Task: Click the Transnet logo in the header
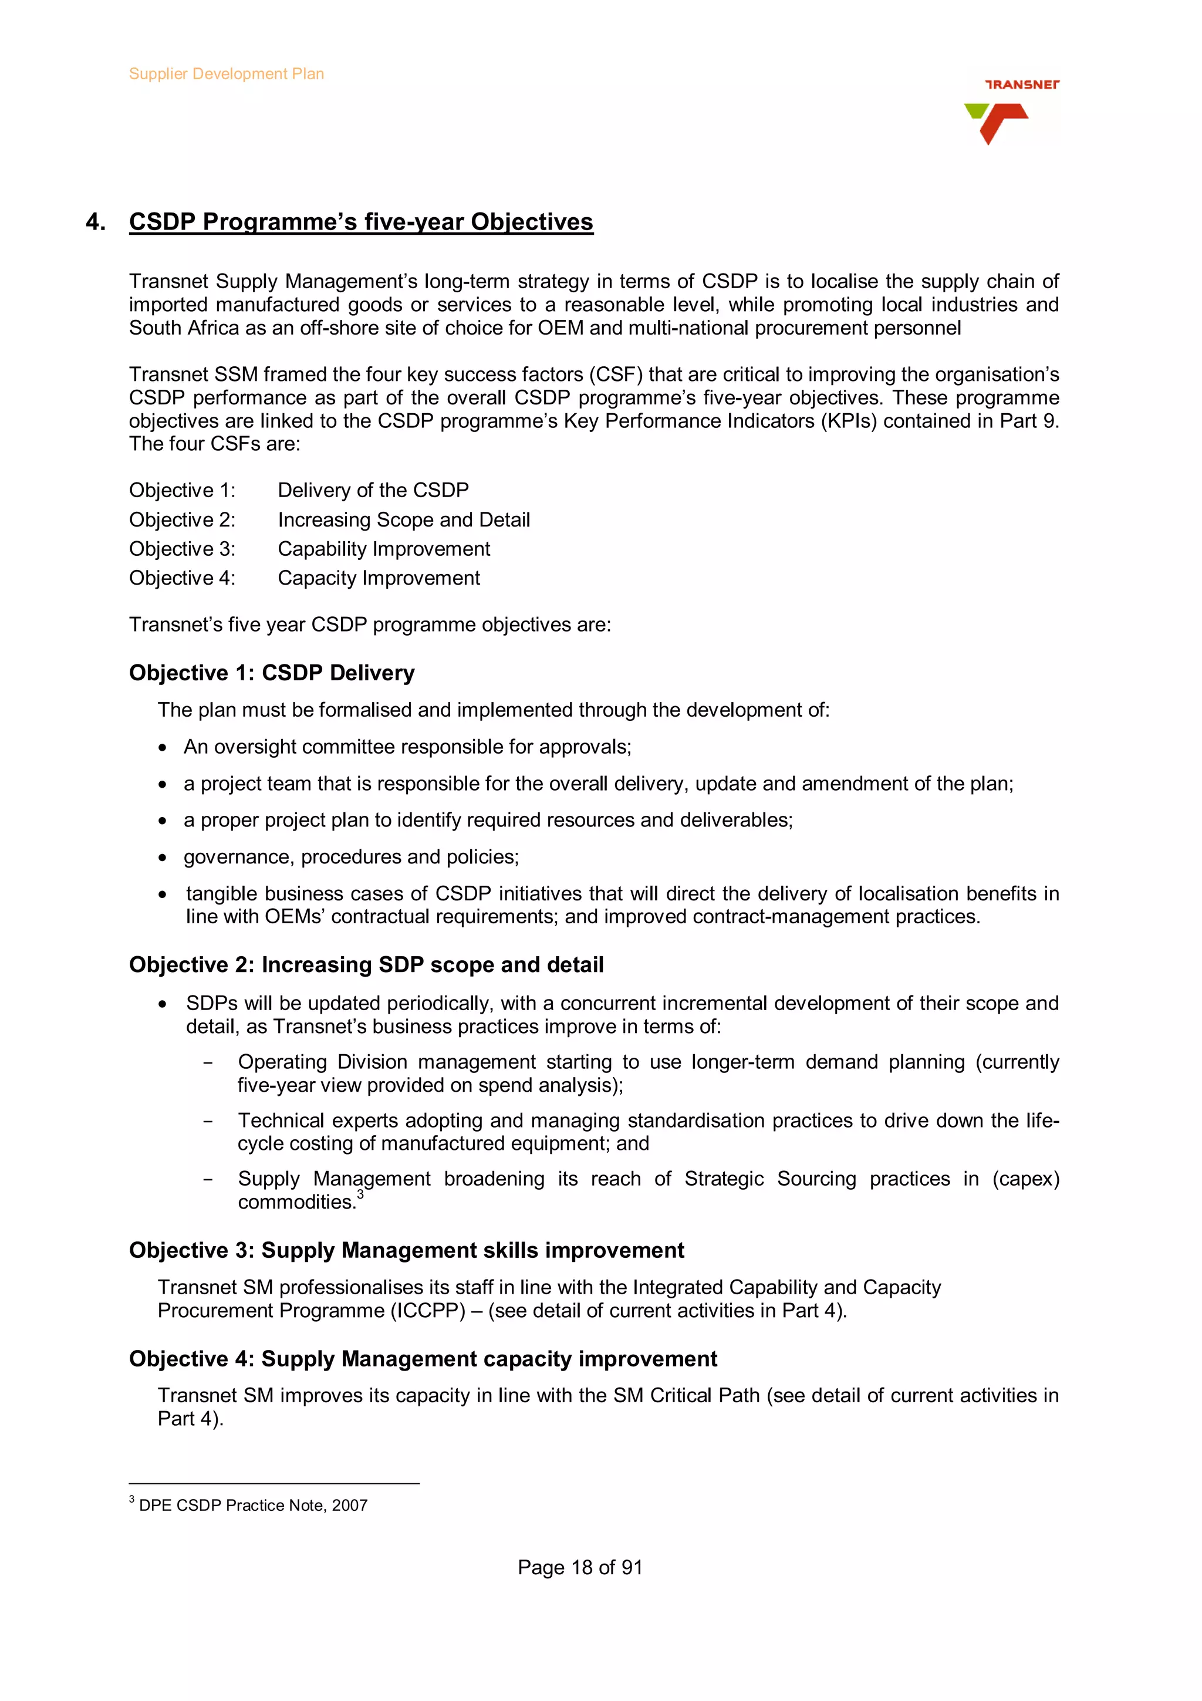(x=1011, y=111)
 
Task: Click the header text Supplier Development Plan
(x=226, y=74)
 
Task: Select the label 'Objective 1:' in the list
(x=182, y=491)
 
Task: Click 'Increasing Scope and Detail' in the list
(x=404, y=520)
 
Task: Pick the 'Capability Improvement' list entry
(x=384, y=549)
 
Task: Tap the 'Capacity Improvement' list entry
(x=379, y=578)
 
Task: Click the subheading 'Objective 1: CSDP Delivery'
(x=272, y=673)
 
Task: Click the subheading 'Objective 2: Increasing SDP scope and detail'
(x=366, y=964)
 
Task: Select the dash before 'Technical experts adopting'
(x=208, y=1122)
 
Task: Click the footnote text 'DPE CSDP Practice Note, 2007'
(x=254, y=1506)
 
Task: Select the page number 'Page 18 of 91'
(x=579, y=1568)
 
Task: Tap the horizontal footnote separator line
(x=274, y=1484)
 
